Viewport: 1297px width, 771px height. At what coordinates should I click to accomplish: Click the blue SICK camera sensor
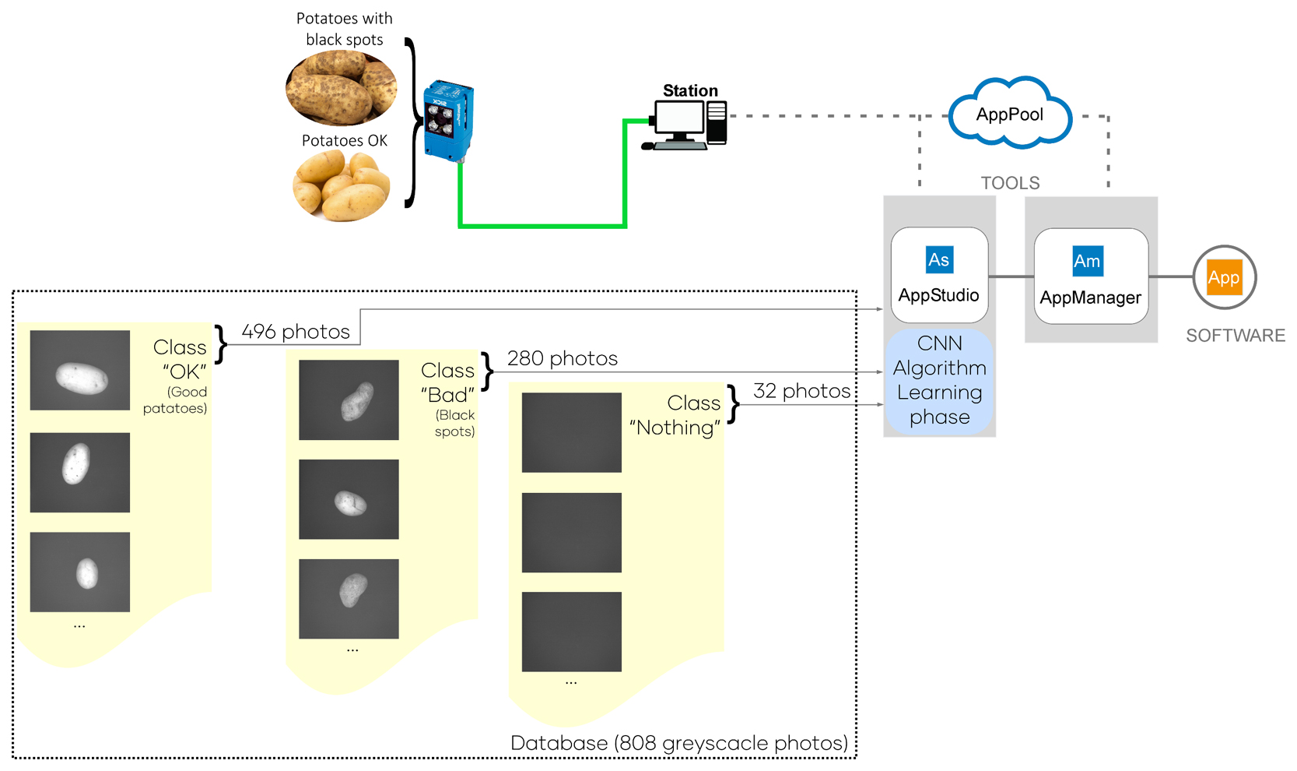pos(448,121)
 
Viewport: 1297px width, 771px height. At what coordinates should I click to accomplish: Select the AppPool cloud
pos(1010,114)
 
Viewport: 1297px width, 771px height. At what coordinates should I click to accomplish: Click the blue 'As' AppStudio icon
pos(939,259)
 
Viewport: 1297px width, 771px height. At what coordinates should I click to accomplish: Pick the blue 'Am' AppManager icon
pos(1087,261)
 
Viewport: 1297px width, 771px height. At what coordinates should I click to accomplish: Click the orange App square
pos(1224,278)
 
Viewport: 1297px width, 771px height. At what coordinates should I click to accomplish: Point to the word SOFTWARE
pos(1235,336)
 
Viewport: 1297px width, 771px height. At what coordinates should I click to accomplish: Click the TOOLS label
pos(1010,183)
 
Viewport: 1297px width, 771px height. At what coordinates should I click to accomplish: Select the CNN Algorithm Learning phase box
pos(939,380)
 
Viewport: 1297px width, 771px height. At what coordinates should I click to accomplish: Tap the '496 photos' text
pos(296,332)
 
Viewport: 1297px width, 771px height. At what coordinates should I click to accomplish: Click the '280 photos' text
pos(563,358)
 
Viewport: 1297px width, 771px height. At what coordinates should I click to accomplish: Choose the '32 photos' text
pos(801,391)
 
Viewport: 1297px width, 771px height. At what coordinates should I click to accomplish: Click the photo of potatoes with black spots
pos(342,88)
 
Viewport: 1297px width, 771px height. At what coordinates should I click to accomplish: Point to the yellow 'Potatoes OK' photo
pos(342,186)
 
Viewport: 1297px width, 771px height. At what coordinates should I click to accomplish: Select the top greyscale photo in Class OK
pos(80,370)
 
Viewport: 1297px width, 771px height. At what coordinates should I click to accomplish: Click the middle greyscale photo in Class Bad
pos(349,499)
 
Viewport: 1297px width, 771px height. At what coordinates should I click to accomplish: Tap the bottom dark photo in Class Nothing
pos(572,632)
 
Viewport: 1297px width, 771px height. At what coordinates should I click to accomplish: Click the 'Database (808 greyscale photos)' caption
pos(678,743)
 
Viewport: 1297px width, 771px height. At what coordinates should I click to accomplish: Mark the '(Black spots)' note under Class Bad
pos(455,423)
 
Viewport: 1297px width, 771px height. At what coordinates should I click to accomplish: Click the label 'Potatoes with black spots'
pos(344,29)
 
